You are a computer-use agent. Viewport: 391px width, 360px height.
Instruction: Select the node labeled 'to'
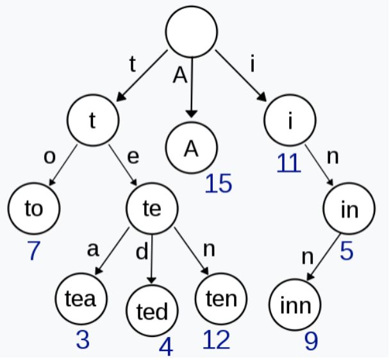pos(33,209)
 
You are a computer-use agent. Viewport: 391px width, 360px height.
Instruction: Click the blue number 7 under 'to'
pos(33,251)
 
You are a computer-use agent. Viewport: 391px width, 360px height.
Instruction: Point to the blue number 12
pos(215,341)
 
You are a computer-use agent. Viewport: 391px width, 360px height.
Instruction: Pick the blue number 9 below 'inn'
pos(310,342)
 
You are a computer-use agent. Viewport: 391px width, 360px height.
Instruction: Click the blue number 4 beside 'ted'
pos(165,348)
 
